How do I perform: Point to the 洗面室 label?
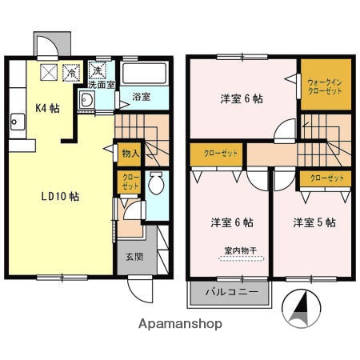coord(100,83)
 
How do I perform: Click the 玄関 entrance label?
coord(134,258)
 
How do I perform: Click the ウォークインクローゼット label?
coord(324,86)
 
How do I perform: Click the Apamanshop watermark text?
coord(181,324)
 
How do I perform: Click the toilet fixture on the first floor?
coord(157,184)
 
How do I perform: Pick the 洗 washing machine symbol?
coord(99,69)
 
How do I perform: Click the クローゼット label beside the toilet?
coord(129,182)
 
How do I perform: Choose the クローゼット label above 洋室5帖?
coord(324,178)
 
